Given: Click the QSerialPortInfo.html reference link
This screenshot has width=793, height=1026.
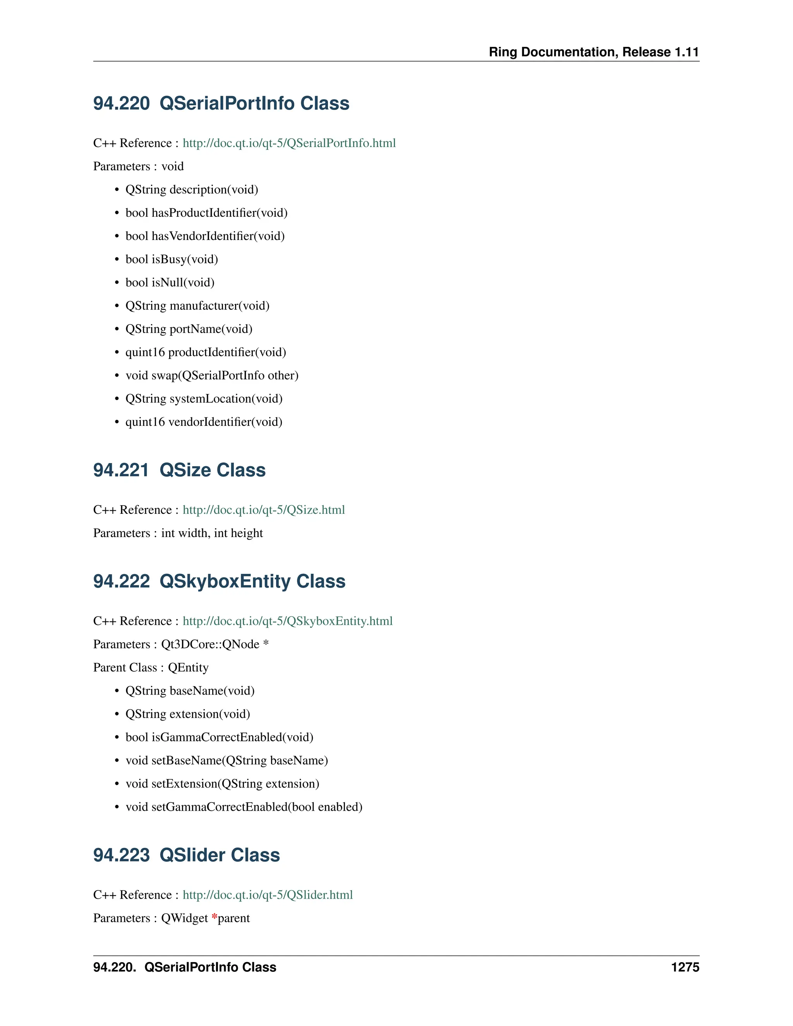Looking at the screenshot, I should coord(289,143).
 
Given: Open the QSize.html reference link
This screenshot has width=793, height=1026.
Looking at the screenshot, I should coord(264,510).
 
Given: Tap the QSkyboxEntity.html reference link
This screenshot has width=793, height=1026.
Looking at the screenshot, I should coord(288,621).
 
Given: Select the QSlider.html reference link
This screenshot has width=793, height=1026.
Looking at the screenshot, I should coord(267,895).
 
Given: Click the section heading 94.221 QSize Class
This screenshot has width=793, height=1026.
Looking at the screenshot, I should coord(179,470).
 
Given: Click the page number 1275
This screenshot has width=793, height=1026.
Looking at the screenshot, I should coord(685,967).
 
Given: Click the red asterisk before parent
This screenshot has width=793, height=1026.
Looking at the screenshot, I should coord(214,918).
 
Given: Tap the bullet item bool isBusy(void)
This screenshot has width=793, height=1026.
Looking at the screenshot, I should coord(172,259).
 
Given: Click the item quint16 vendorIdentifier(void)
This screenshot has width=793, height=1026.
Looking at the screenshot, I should coord(204,422).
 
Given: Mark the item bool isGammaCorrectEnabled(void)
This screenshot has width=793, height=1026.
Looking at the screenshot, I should coord(220,737).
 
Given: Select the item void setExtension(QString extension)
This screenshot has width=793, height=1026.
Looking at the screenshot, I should coord(222,784).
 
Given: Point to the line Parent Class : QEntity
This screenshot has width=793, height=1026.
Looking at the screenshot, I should coord(151,667).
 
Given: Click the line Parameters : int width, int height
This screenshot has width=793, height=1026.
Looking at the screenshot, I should coord(178,533).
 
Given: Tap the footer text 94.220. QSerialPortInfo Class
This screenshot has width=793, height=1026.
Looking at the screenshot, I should coord(185,967).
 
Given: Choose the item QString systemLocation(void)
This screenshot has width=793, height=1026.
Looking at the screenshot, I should coord(204,399).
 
